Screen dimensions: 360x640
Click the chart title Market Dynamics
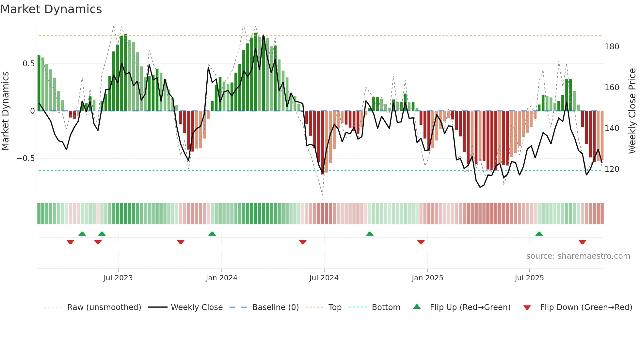click(x=51, y=9)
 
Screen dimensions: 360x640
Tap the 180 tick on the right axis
click(x=612, y=47)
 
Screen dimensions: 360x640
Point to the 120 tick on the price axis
click(x=612, y=169)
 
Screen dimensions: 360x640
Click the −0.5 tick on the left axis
click(x=26, y=158)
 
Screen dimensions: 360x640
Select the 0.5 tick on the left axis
click(x=28, y=64)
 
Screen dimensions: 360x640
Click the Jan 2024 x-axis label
click(x=221, y=278)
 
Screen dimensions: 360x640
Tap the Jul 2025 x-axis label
click(x=529, y=278)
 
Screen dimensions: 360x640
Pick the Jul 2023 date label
click(x=118, y=278)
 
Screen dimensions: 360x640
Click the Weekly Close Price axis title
click(x=632, y=111)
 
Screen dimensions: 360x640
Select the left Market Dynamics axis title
click(x=5, y=111)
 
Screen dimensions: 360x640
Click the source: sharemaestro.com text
click(x=578, y=256)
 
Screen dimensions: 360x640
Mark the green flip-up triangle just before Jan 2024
click(x=212, y=234)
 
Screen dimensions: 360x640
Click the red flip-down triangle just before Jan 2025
click(x=421, y=242)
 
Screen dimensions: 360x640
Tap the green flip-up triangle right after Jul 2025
click(x=539, y=234)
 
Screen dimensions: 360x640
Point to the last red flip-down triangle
click(x=582, y=242)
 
